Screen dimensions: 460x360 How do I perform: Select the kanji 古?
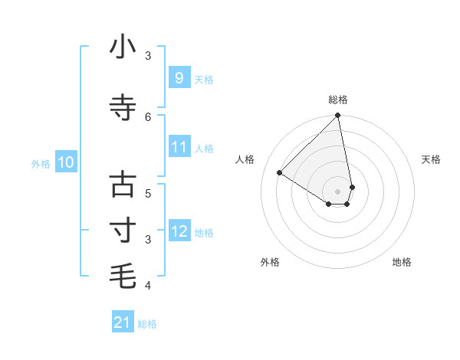click(123, 185)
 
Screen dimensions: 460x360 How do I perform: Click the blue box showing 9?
click(179, 78)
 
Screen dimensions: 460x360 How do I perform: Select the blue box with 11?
click(179, 147)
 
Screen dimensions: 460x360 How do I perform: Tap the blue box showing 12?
click(179, 231)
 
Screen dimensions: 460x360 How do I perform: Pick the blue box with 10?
click(66, 162)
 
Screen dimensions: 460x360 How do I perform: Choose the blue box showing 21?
click(123, 323)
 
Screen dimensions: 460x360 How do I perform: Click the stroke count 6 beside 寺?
click(149, 116)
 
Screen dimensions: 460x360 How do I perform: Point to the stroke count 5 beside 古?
click(149, 193)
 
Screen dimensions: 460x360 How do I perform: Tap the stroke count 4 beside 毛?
click(149, 286)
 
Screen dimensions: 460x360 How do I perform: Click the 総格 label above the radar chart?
click(338, 100)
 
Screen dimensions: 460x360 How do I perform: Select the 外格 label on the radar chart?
click(270, 262)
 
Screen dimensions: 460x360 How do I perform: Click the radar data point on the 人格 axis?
click(280, 173)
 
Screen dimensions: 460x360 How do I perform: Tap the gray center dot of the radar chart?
click(338, 191)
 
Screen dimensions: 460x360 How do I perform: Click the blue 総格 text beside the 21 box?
click(147, 324)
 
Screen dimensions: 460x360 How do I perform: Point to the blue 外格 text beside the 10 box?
click(41, 163)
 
